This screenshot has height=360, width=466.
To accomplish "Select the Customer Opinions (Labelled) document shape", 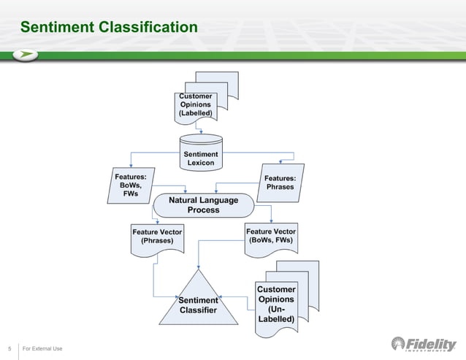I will point(196,105).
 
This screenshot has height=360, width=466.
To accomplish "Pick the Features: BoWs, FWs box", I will point(131,185).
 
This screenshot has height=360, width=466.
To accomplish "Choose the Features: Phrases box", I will point(281,183).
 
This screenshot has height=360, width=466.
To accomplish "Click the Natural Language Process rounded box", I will point(203,204).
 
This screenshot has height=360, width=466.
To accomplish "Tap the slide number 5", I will point(9,348).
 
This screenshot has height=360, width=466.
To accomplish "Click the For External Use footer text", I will point(42,348).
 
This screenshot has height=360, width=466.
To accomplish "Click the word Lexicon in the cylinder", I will point(201,163).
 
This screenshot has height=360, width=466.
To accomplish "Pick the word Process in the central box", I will point(203,210).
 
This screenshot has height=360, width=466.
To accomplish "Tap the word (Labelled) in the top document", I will point(196,114).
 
